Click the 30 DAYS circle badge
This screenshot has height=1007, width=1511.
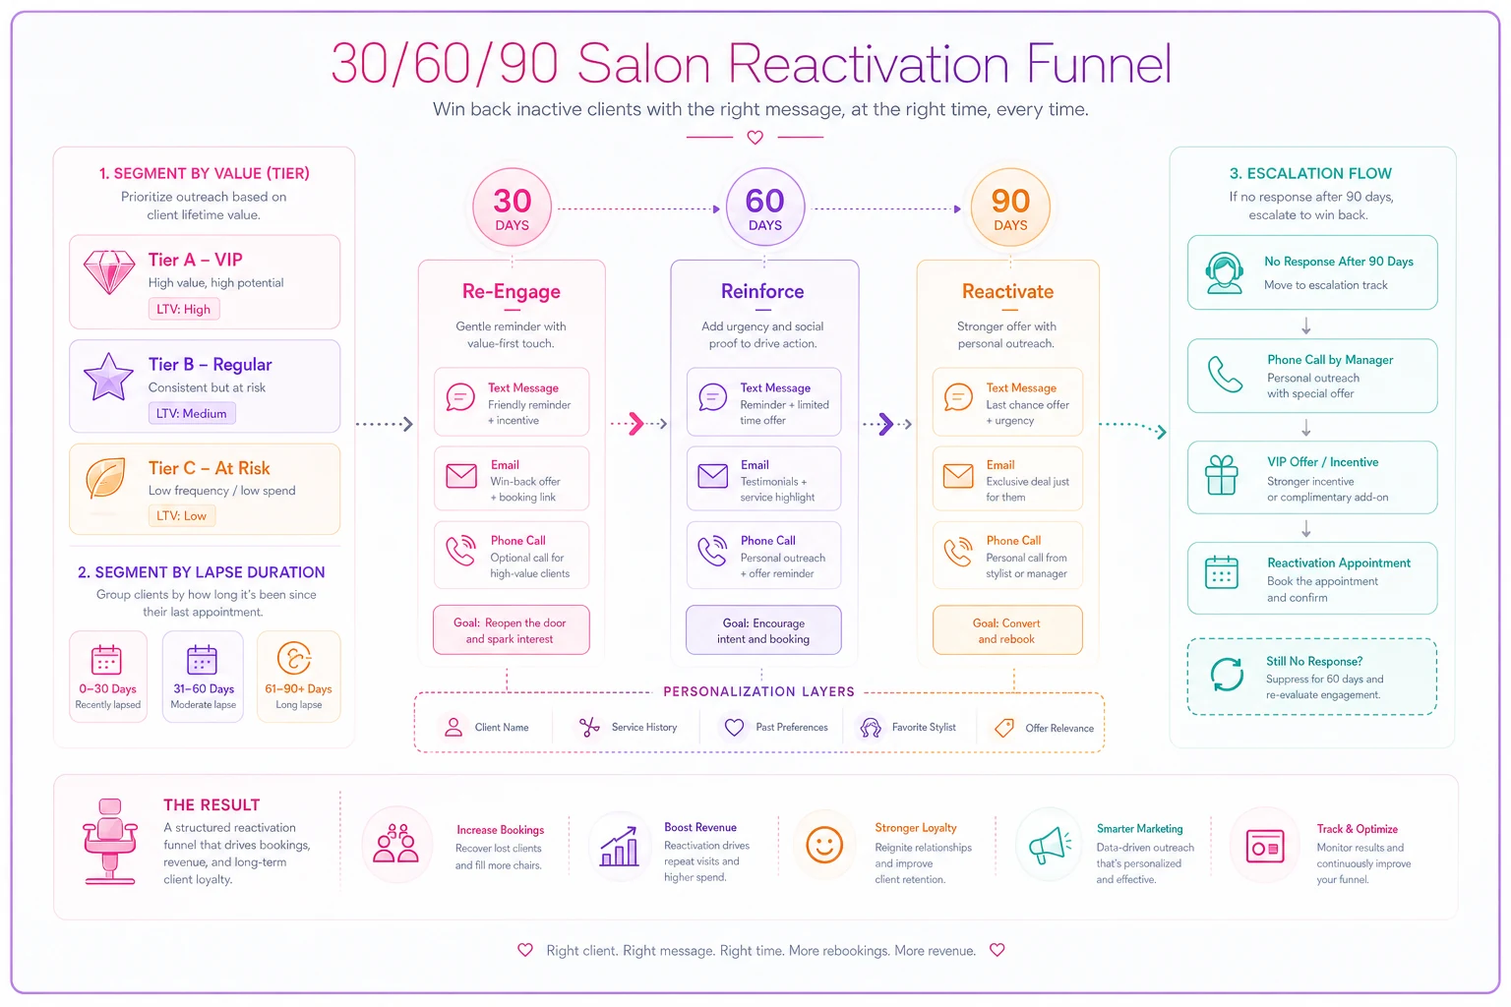(512, 207)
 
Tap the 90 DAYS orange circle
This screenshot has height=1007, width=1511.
(1010, 207)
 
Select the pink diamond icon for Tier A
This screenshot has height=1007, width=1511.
(108, 271)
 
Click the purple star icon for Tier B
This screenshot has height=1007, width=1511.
(108, 377)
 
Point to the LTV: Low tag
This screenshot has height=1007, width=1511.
(181, 515)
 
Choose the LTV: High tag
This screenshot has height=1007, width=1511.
(184, 309)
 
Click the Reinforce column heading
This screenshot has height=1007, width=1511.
(762, 291)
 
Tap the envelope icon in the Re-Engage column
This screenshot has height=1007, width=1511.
(461, 476)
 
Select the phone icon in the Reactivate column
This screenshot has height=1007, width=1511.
(958, 552)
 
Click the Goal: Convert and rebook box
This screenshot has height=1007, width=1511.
(1007, 630)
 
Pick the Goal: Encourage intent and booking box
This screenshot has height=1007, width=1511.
(763, 630)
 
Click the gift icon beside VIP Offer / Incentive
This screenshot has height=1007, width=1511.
(1222, 475)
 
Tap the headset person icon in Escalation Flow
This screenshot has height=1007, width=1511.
(1225, 273)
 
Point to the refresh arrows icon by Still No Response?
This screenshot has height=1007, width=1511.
(1227, 675)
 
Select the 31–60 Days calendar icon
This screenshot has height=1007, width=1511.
(202, 660)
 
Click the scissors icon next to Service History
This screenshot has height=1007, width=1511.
(589, 727)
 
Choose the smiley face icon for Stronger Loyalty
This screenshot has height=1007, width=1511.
(824, 845)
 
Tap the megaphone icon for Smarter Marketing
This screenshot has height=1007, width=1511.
(1050, 844)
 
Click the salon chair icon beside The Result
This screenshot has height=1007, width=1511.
(110, 841)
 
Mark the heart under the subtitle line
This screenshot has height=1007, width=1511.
(755, 138)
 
